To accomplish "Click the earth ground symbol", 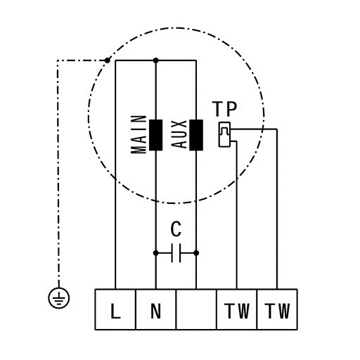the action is pyautogui.click(x=59, y=298).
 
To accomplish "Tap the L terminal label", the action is pyautogui.click(x=115, y=311).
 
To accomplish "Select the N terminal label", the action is pyautogui.click(x=155, y=311).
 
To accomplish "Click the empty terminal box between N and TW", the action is pyautogui.click(x=196, y=309).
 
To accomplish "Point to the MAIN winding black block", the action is pyautogui.click(x=156, y=135).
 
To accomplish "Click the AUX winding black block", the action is pyautogui.click(x=196, y=135).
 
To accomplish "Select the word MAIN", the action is pyautogui.click(x=139, y=134).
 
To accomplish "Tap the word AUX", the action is pyautogui.click(x=179, y=134).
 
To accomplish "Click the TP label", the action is pyautogui.click(x=225, y=109).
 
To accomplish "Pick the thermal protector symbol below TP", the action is pyautogui.click(x=224, y=135).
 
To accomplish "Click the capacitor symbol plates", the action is pyautogui.click(x=176, y=253).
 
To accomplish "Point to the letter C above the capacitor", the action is pyautogui.click(x=176, y=229).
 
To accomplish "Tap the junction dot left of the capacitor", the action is pyautogui.click(x=155, y=253).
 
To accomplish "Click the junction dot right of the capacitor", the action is pyautogui.click(x=196, y=253).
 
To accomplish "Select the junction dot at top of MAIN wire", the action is pyautogui.click(x=155, y=60).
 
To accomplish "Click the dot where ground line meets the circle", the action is pyautogui.click(x=107, y=60).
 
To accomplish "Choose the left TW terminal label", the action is pyautogui.click(x=237, y=311).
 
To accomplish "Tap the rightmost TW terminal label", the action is pyautogui.click(x=277, y=311).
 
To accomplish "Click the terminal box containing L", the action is pyautogui.click(x=115, y=309).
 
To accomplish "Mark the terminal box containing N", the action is pyautogui.click(x=155, y=309).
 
